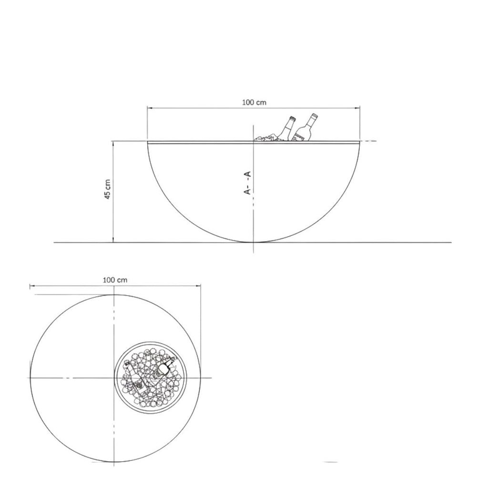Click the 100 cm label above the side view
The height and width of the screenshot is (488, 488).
pos(254,102)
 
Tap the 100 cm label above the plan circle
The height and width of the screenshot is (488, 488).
pos(115,280)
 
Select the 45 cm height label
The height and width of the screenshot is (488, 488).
pos(107,189)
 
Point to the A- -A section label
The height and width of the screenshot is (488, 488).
pos(247,183)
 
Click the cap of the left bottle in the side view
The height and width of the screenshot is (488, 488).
pos(292,118)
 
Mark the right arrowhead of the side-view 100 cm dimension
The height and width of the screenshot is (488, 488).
pos(357,108)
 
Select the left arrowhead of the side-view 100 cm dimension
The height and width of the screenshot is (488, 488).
pos(150,108)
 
